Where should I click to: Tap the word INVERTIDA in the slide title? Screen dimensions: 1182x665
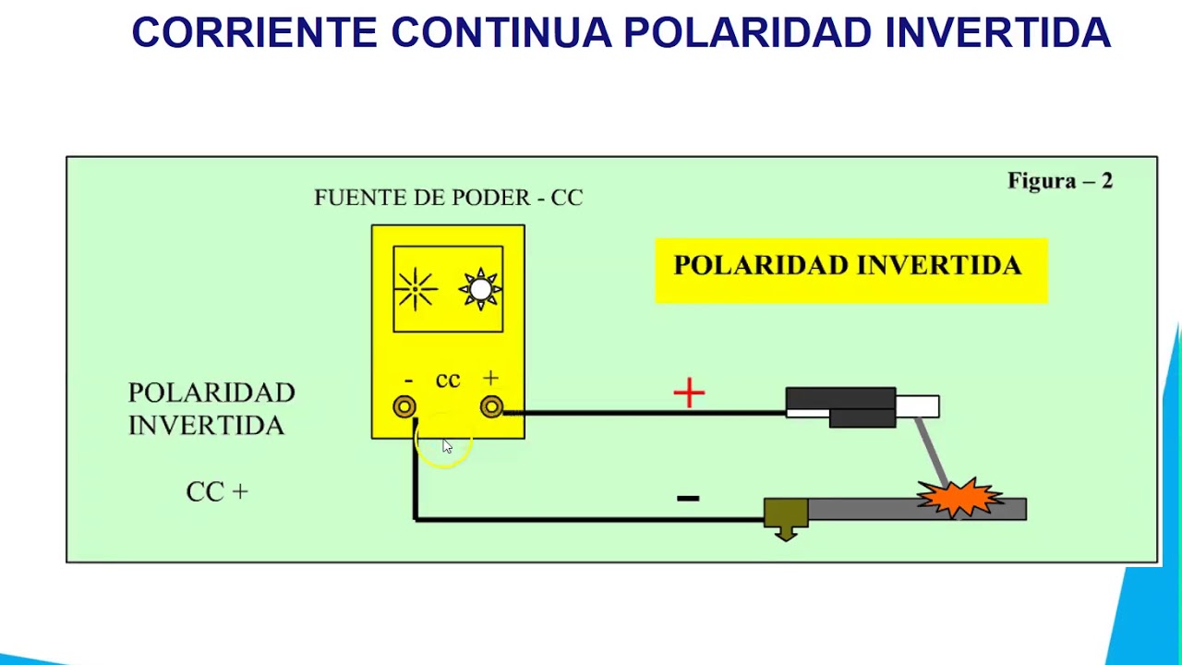coord(998,32)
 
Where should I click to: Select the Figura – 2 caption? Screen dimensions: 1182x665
coord(1060,180)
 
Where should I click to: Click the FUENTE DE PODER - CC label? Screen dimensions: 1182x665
coord(449,198)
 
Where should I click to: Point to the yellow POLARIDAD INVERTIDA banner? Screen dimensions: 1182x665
coord(851,271)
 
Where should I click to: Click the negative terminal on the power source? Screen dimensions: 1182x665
coord(404,407)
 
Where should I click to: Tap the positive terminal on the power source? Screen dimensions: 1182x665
coord(492,407)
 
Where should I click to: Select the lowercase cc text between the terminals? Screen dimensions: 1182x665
coord(448,380)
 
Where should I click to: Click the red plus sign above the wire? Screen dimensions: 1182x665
coord(689,393)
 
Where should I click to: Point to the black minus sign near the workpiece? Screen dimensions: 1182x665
coord(688,498)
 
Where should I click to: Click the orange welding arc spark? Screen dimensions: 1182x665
coord(959,498)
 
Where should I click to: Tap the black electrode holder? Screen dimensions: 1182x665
coord(841,407)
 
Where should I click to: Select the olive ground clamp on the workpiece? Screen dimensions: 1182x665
coord(786,515)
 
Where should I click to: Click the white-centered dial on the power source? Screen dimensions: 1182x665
coord(480,289)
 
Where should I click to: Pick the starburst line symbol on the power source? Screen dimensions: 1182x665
coord(416,289)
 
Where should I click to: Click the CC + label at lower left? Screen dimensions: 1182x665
coord(217,492)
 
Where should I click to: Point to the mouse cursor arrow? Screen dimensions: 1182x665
coord(448,446)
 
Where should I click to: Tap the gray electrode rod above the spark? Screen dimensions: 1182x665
coord(932,450)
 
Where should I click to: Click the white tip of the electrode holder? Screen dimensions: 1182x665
coord(918,406)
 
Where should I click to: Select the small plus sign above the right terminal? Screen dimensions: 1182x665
coord(490,378)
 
